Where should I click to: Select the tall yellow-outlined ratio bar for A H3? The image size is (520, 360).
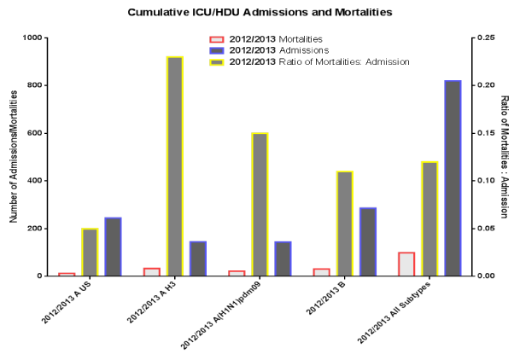click(x=174, y=166)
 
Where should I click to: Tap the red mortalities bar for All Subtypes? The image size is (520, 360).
click(x=406, y=264)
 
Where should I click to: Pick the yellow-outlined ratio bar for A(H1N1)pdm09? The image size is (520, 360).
click(x=260, y=205)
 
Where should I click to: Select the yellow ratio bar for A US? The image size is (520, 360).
click(x=90, y=253)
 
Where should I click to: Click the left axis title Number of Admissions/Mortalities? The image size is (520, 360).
click(x=14, y=157)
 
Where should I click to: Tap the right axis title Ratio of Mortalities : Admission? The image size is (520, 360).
click(x=505, y=157)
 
